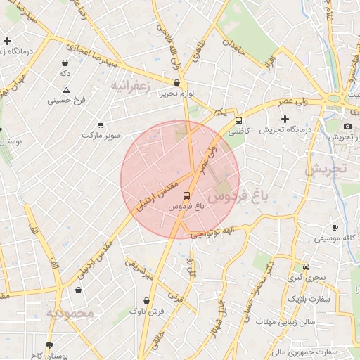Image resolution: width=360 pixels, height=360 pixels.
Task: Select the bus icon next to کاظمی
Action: [x=239, y=120]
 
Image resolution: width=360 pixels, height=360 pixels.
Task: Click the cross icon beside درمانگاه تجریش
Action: [x=285, y=119]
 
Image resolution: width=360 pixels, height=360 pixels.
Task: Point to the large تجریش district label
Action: [x=327, y=169]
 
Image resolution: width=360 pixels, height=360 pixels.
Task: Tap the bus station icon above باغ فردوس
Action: [x=186, y=196]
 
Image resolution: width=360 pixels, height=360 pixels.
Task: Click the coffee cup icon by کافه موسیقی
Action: [x=335, y=227]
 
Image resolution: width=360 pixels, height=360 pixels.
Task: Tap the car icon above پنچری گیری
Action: [x=306, y=267]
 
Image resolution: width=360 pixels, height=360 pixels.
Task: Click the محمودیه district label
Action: [x=70, y=314]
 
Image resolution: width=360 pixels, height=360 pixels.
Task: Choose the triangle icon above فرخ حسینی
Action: [x=66, y=90]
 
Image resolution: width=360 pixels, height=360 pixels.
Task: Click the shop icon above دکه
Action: [x=65, y=63]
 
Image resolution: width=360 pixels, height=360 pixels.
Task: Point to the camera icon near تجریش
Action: [x=347, y=126]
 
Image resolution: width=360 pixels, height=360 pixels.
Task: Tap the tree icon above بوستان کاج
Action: [x=49, y=345]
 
